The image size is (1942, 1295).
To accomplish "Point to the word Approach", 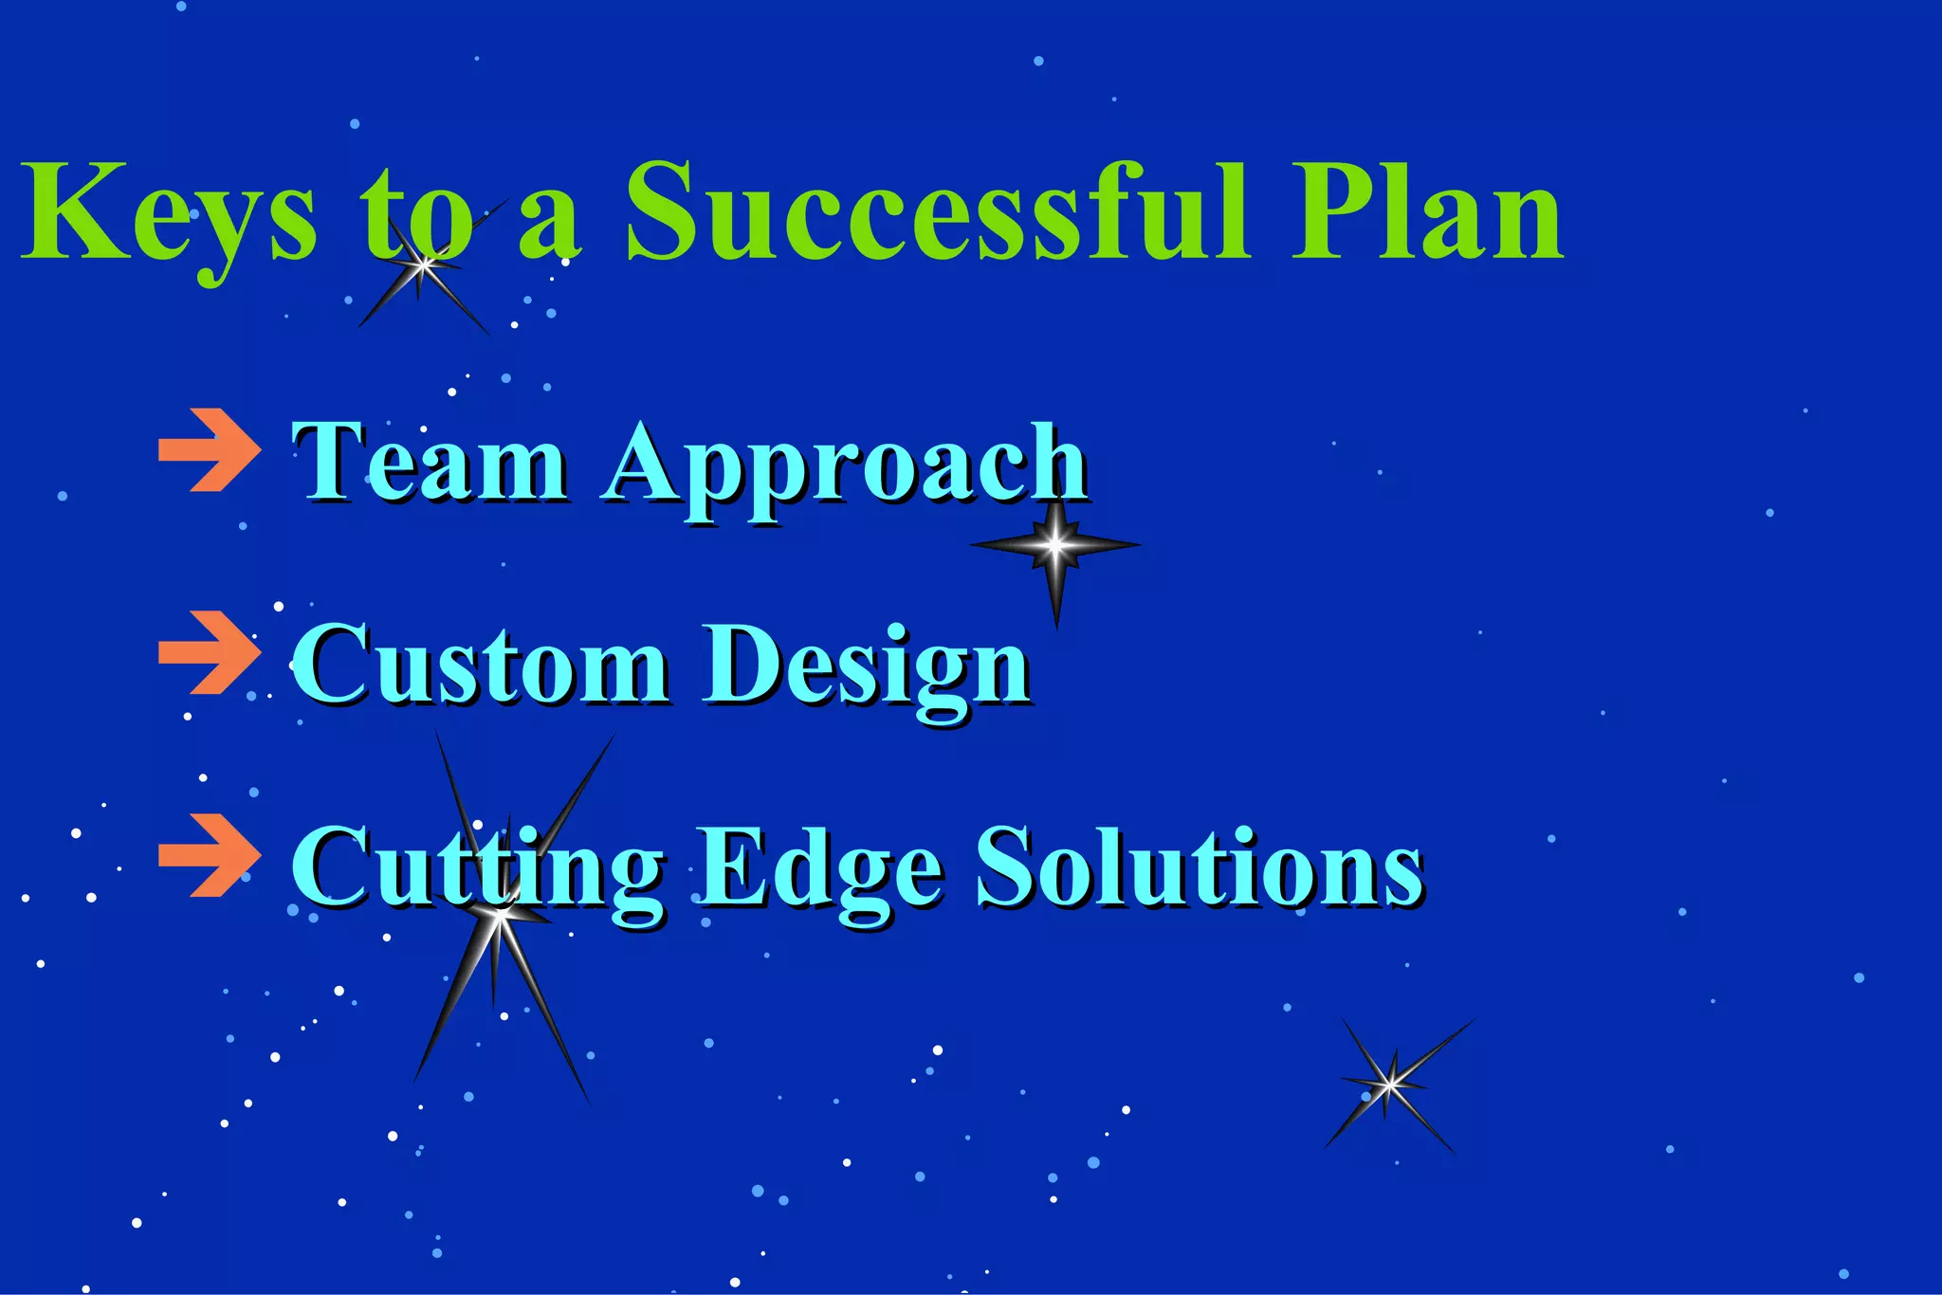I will (844, 465).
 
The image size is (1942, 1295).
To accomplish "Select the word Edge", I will (820, 867).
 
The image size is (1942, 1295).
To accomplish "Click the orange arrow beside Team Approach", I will (208, 450).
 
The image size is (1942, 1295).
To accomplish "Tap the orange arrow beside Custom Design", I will (208, 652).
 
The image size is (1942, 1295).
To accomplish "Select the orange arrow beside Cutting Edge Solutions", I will (208, 854).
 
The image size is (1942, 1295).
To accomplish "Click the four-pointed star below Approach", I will (1055, 545).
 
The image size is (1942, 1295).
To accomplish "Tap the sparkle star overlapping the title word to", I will (424, 265).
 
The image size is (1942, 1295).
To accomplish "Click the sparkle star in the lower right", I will (1390, 1084).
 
